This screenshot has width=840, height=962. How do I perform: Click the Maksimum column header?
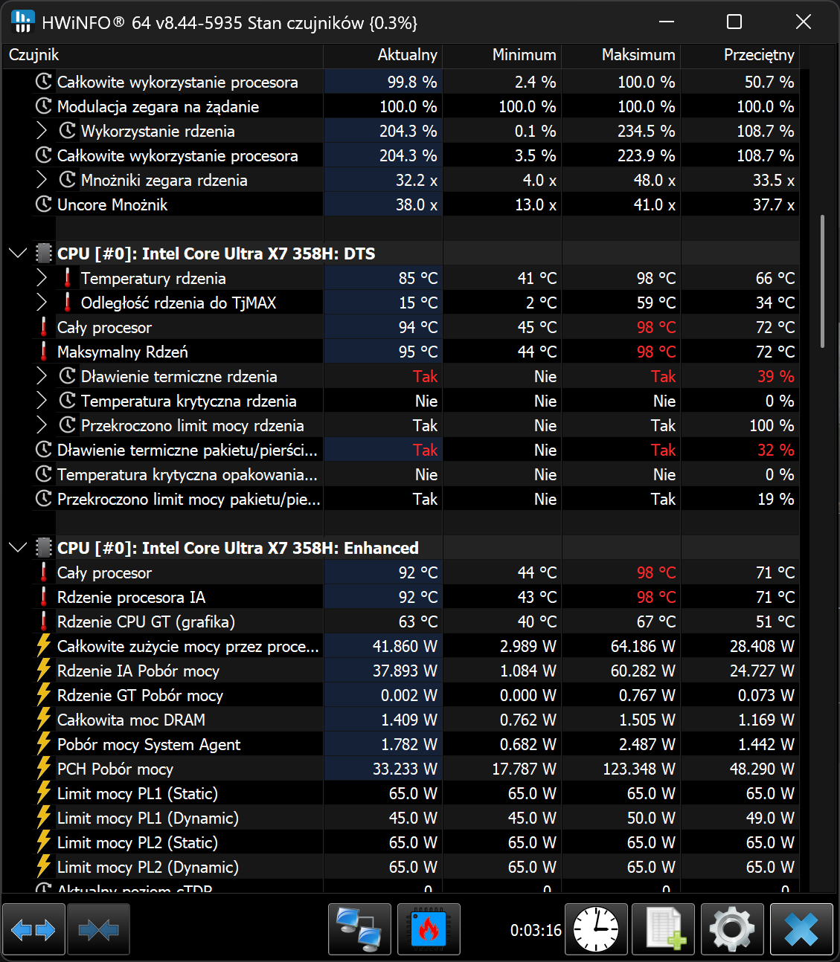[x=638, y=55]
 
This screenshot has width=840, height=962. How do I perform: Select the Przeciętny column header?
[x=758, y=55]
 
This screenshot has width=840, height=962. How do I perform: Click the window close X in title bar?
[x=803, y=22]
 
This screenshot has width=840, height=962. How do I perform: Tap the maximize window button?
[x=734, y=22]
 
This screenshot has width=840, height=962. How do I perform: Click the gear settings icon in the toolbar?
[x=732, y=929]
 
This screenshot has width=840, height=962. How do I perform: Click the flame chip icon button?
[x=429, y=929]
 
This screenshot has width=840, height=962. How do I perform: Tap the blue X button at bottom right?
[x=801, y=929]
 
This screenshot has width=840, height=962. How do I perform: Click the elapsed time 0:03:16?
[x=536, y=930]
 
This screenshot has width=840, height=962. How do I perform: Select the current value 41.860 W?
[x=405, y=647]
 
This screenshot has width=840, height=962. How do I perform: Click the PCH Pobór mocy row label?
[x=115, y=769]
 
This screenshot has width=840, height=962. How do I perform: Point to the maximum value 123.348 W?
[x=638, y=769]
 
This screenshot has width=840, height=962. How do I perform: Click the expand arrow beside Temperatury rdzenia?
[x=42, y=279]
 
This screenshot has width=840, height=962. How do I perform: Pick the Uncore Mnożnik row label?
[x=112, y=205]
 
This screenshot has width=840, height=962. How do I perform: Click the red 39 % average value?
[x=775, y=377]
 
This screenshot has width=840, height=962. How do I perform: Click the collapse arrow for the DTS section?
[x=18, y=254]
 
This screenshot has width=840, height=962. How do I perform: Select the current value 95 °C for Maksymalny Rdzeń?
[x=417, y=352]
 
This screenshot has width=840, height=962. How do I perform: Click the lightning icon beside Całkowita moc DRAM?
[x=44, y=720]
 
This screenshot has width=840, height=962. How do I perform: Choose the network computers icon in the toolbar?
[x=359, y=929]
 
